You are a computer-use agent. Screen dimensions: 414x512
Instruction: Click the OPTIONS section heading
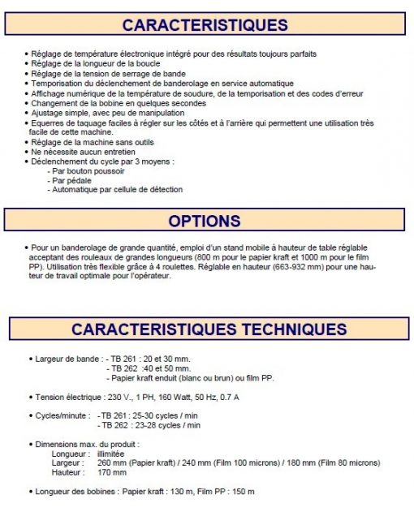point(204,221)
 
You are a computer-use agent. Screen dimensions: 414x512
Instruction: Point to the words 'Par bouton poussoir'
point(87,172)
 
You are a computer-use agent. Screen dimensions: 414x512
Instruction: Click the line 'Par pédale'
point(71,181)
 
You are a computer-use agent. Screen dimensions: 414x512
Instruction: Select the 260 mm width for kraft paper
point(102,463)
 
